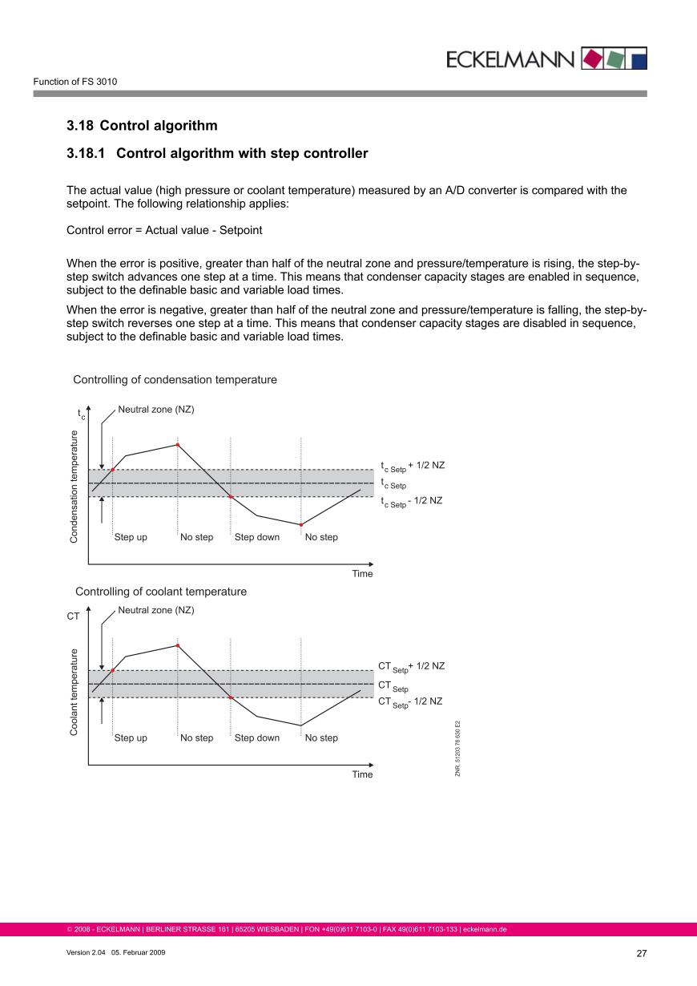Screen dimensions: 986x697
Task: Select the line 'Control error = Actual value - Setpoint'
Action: pyautogui.click(x=164, y=230)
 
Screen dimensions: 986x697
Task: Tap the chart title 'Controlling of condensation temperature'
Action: pyautogui.click(x=175, y=379)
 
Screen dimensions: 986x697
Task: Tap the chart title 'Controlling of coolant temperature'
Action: pyautogui.click(x=161, y=592)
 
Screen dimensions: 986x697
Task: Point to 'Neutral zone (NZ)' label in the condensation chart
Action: pyautogui.click(x=156, y=410)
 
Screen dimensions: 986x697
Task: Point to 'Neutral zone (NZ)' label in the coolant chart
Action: pyautogui.click(x=156, y=610)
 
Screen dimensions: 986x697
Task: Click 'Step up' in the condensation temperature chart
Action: pyautogui.click(x=131, y=537)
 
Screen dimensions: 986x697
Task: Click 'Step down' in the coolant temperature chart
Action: pyautogui.click(x=257, y=737)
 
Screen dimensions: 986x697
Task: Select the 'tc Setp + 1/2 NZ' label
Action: pyautogui.click(x=413, y=467)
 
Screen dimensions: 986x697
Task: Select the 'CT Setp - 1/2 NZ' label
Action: pyautogui.click(x=410, y=702)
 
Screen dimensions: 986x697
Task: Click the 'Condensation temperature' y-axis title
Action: pyautogui.click(x=74, y=487)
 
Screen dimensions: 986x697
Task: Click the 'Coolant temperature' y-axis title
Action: pyautogui.click(x=74, y=692)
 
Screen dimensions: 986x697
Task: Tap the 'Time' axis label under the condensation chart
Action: pyautogui.click(x=362, y=574)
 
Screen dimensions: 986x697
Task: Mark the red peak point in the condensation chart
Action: pyautogui.click(x=177, y=445)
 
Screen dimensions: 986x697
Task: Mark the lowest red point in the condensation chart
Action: pyautogui.click(x=300, y=525)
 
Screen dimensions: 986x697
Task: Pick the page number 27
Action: pyautogui.click(x=641, y=954)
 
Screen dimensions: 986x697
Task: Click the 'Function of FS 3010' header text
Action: pyautogui.click(x=75, y=82)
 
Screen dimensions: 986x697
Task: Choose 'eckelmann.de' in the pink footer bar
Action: pyautogui.click(x=485, y=930)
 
